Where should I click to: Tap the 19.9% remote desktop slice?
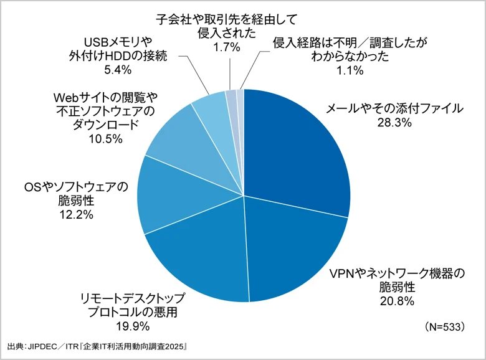pos(199,262)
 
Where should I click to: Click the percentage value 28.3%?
pos(394,123)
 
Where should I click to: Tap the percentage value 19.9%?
pos(128,325)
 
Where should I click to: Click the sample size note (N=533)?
pos(443,326)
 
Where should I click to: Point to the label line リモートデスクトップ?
pos(128,297)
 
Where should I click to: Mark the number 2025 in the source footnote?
pos(174,346)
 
